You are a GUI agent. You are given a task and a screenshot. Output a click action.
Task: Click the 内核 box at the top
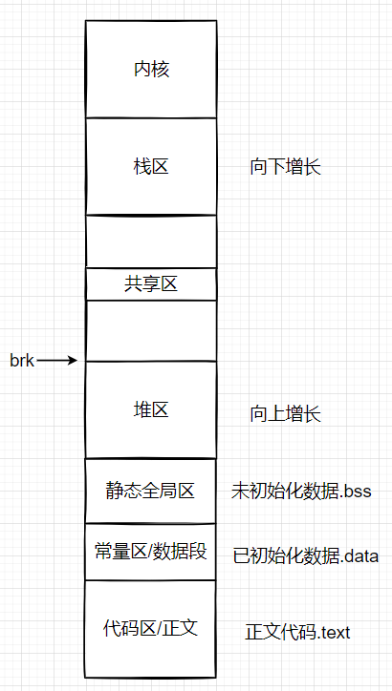tap(151, 70)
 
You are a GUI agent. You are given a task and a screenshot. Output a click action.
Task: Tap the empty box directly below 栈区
tap(151, 241)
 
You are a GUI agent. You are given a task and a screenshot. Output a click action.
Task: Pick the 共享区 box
tap(151, 283)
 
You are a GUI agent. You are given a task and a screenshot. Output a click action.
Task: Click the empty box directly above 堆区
tap(151, 330)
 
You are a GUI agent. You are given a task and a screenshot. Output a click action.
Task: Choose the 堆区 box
tap(151, 410)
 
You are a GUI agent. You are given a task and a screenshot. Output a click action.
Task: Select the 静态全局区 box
tap(151, 491)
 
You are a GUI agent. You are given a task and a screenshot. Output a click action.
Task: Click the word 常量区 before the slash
tap(119, 552)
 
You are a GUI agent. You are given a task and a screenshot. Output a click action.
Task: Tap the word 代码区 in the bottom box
tap(125, 628)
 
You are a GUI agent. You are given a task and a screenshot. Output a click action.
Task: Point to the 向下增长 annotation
tap(285, 167)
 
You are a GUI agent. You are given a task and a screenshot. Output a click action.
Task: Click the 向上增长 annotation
tap(285, 414)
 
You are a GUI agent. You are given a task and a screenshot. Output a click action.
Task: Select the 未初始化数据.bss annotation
tap(300, 492)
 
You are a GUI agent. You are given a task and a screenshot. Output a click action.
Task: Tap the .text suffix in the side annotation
tap(332, 632)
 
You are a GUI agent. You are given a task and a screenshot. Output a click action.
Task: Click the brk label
tap(22, 360)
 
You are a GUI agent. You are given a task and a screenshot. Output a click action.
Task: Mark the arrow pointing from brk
tap(57, 360)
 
